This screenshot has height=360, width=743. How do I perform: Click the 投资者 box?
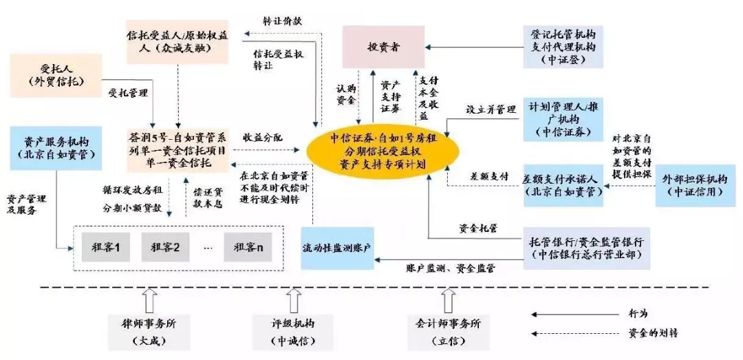(383, 47)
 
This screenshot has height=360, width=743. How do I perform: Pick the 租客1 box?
(105, 246)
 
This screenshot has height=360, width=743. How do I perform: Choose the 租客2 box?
(165, 246)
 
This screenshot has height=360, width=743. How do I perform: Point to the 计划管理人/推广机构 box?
(563, 119)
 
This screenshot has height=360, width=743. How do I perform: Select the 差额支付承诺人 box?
(563, 185)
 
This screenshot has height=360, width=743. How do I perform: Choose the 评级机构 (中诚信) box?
(294, 330)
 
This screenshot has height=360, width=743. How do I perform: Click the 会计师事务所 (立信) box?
(448, 330)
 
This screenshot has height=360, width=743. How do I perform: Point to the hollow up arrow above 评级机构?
(294, 299)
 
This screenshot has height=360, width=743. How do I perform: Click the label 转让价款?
(282, 21)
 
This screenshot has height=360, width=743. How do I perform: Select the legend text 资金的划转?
(652, 333)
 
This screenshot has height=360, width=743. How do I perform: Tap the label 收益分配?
(262, 138)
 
